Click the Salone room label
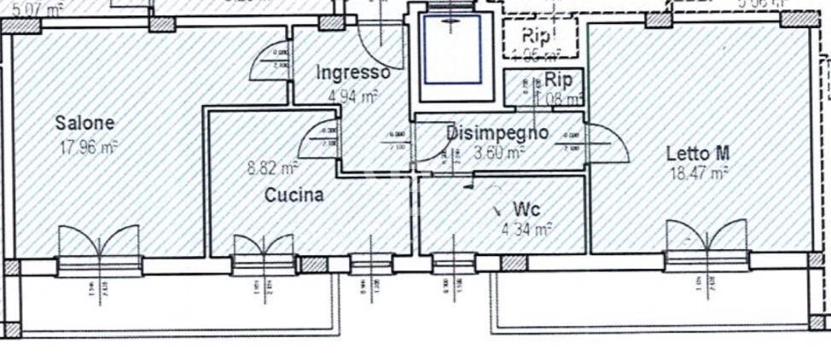[84, 123]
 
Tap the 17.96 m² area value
[87, 147]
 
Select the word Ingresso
[352, 73]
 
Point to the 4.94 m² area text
[352, 96]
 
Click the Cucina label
[293, 195]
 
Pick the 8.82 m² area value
[272, 168]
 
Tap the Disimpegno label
[497, 133]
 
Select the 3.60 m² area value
[498, 154]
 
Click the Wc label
[526, 209]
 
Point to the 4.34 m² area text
[526, 229]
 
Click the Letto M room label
[697, 154]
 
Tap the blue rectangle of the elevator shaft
[452, 48]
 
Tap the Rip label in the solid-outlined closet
[558, 80]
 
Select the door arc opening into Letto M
[607, 143]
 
